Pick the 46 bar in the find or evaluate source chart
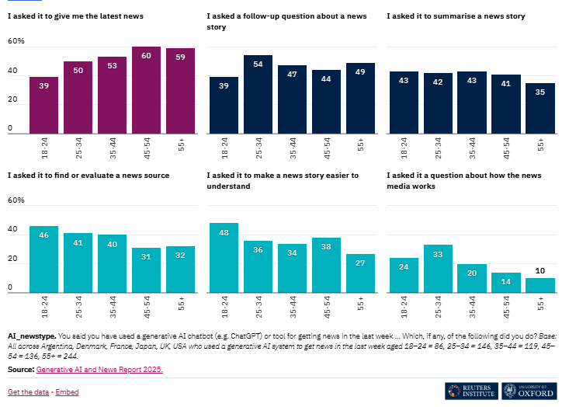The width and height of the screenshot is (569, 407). tap(43, 259)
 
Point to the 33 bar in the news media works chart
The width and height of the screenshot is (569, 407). tap(438, 269)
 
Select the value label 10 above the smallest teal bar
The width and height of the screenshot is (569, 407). tap(540, 270)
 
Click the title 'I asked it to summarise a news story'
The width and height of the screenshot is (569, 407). tap(452, 16)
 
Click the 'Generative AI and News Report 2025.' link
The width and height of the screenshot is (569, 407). tap(99, 369)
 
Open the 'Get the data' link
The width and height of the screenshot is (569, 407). tap(27, 392)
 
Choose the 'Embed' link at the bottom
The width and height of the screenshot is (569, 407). tap(67, 392)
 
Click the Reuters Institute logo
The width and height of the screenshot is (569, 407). tap(470, 391)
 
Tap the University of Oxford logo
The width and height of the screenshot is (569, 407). tap(529, 391)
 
